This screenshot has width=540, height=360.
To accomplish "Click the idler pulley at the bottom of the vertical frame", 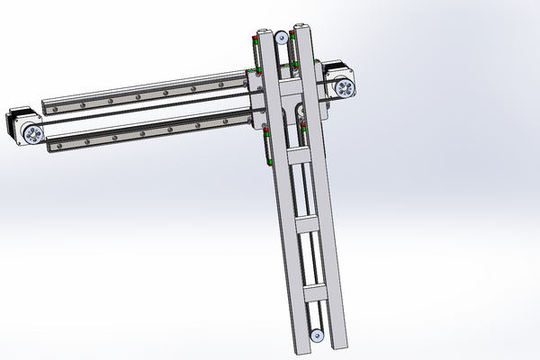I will [x=317, y=337].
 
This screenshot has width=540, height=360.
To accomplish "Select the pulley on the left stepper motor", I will [x=33, y=135].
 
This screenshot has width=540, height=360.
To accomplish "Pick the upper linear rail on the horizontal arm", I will [x=153, y=90].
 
